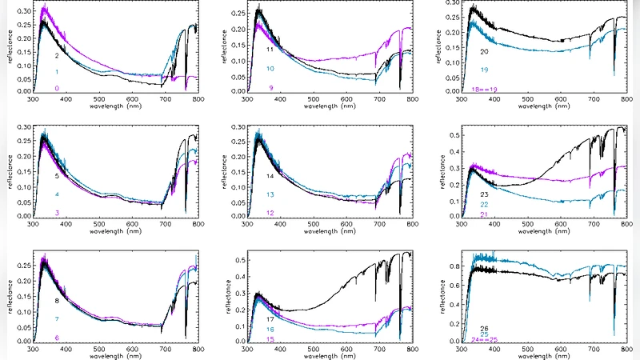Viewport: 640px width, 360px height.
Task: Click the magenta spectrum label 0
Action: [x=57, y=87]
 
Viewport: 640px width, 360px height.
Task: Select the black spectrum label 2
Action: [x=57, y=57]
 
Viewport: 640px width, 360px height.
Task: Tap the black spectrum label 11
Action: [x=271, y=50]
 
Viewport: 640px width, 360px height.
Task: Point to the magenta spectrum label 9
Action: [x=271, y=87]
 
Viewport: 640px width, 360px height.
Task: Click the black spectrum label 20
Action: [x=484, y=52]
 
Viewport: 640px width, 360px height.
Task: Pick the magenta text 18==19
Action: [x=484, y=88]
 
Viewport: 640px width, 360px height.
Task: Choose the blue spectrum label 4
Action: [x=57, y=194]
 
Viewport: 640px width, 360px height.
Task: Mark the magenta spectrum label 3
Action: [x=57, y=213]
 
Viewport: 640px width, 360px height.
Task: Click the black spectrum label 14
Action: [x=271, y=175]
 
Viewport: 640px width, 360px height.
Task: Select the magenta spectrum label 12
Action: [x=271, y=213]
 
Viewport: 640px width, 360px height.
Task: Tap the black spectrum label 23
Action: [x=484, y=194]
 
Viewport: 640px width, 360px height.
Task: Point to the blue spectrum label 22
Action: [x=484, y=205]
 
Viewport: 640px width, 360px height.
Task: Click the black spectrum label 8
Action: [x=57, y=301]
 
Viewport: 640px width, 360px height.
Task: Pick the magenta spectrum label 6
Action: [x=57, y=338]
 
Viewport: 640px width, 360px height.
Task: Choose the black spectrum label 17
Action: [x=271, y=320]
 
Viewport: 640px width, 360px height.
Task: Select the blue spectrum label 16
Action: [x=271, y=330]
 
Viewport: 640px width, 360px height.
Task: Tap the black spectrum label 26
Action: [x=484, y=328]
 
